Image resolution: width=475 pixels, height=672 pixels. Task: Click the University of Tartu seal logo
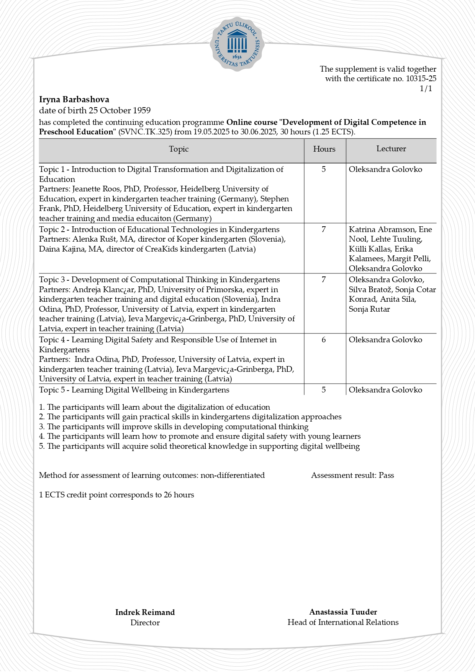click(x=237, y=44)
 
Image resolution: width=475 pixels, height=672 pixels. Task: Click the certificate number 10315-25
click(x=421, y=79)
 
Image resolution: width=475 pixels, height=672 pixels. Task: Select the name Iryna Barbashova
click(x=74, y=100)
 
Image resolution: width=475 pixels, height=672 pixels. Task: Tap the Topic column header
click(x=179, y=149)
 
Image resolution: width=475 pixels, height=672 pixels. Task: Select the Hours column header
click(x=324, y=149)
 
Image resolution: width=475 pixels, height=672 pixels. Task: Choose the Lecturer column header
click(x=391, y=149)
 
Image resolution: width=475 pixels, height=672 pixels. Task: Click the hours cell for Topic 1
click(x=324, y=169)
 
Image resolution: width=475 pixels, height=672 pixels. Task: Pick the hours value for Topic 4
click(x=324, y=340)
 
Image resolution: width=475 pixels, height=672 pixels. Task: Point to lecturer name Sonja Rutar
click(x=369, y=309)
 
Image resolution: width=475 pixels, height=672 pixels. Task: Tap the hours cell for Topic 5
click(x=324, y=390)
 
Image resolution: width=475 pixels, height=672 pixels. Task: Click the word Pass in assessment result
click(x=386, y=476)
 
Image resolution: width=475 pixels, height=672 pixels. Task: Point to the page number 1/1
click(x=426, y=89)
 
